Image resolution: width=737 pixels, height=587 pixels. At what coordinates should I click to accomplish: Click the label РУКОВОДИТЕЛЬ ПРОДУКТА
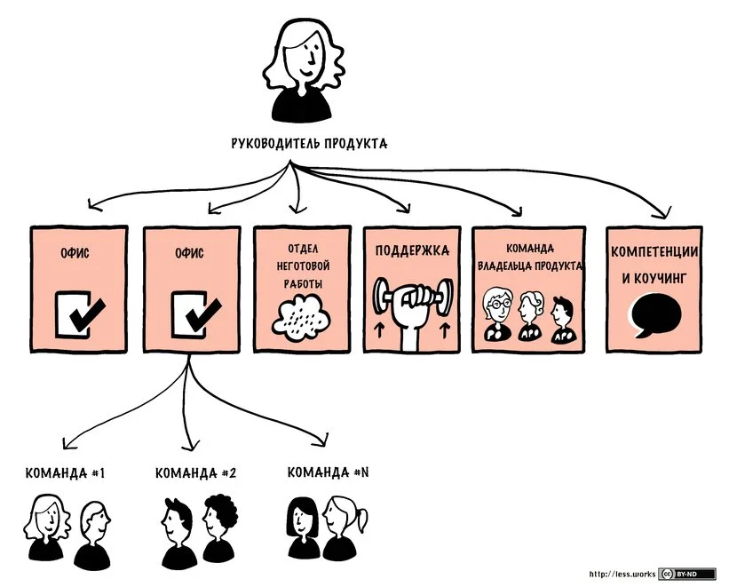pos(308,143)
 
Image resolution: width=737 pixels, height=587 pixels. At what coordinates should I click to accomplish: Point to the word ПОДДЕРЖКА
pos(410,251)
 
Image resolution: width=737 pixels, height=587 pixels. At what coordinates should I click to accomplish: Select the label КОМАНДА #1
pos(66,473)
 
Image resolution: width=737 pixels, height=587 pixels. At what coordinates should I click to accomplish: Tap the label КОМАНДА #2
pos(194,473)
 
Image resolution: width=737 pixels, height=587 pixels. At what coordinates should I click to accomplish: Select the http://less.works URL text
pos(622,575)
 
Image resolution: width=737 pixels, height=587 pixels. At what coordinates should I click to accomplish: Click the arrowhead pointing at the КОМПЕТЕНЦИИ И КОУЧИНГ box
pos(661,212)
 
